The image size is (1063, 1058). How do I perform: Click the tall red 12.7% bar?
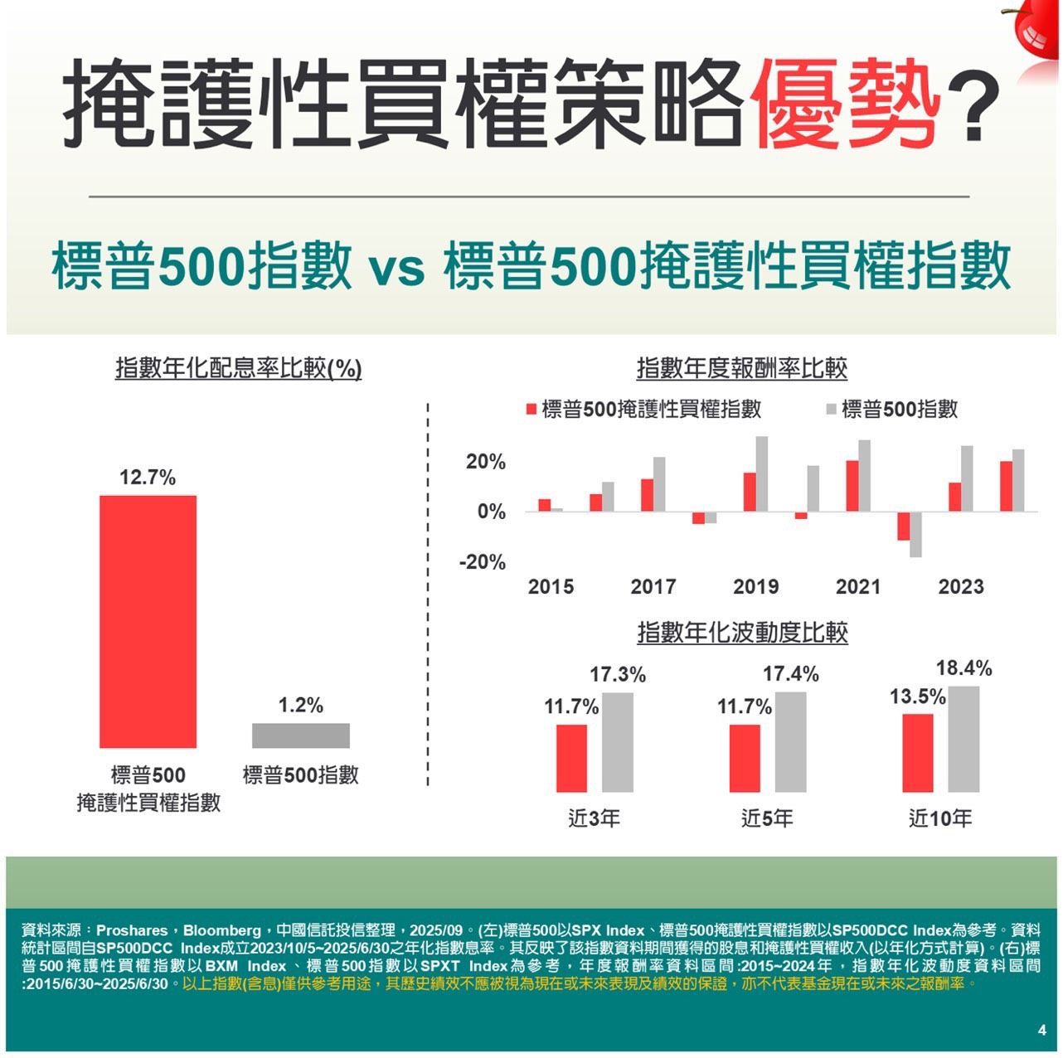(x=148, y=621)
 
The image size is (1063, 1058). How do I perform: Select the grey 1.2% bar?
(x=300, y=735)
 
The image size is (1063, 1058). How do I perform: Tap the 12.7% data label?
(x=148, y=478)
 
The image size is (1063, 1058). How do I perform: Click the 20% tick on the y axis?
(x=485, y=462)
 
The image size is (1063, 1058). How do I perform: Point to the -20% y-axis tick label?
(x=482, y=562)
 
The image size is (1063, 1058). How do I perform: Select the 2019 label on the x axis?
(x=755, y=587)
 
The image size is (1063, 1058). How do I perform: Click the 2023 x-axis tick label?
(x=960, y=587)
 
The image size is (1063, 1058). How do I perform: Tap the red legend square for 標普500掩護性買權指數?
(x=532, y=409)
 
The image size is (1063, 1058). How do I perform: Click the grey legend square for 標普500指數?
(x=832, y=409)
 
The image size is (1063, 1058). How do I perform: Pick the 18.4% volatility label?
(x=963, y=668)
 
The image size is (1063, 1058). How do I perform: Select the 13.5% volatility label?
(x=917, y=696)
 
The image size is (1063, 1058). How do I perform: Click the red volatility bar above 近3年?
(x=571, y=758)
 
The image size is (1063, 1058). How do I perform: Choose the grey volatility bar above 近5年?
(x=790, y=742)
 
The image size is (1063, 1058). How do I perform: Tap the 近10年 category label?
(x=940, y=819)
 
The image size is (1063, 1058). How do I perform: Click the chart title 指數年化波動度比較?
(x=742, y=633)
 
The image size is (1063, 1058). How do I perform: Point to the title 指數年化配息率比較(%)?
(x=238, y=368)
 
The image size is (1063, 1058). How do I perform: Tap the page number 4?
(x=1041, y=1030)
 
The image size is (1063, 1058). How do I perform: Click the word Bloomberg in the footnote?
(x=221, y=930)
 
